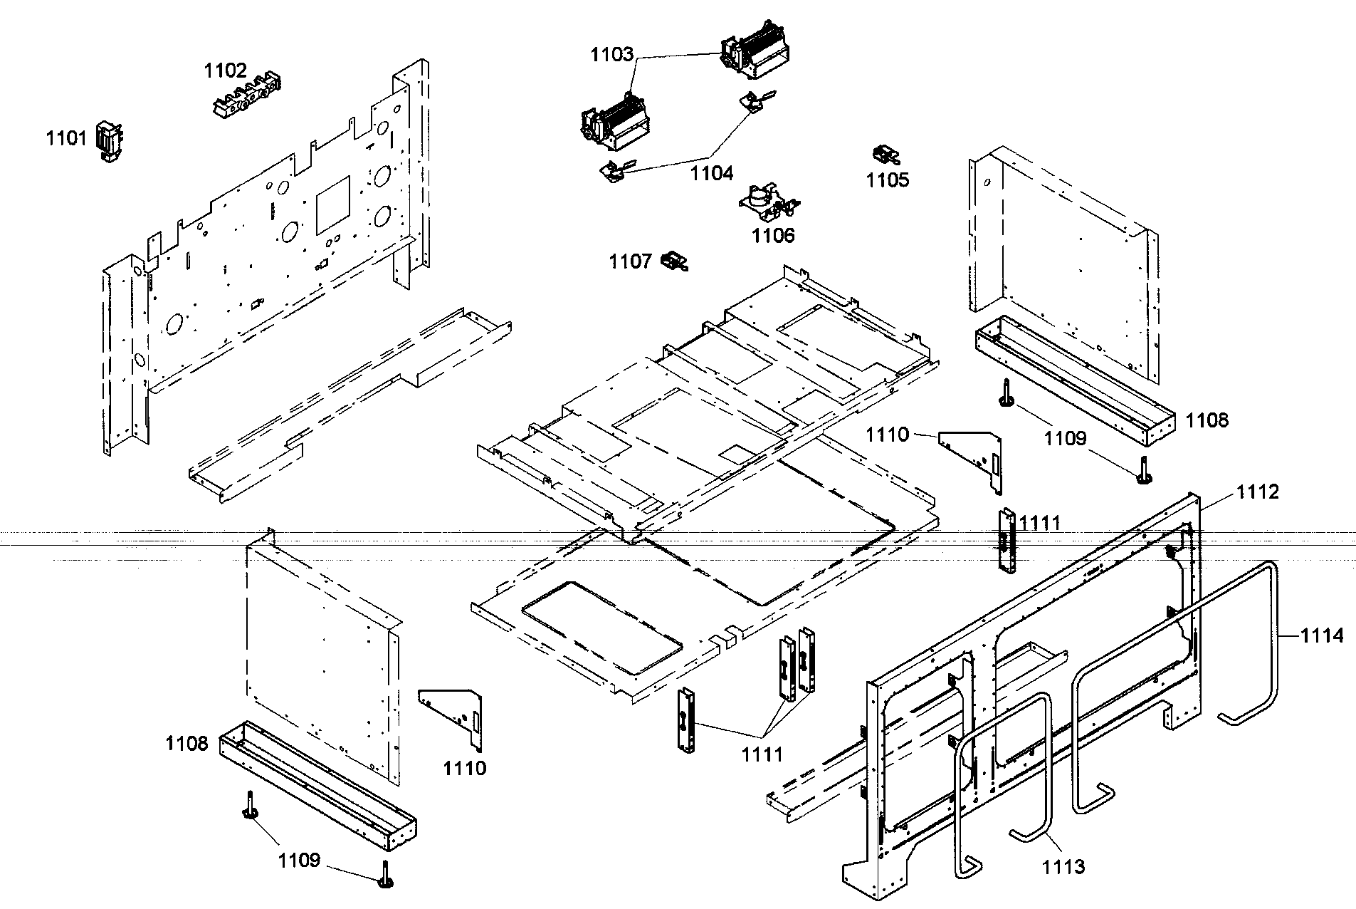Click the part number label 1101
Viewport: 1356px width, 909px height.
pos(66,138)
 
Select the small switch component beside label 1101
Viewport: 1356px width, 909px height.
pos(107,140)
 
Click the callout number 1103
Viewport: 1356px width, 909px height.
pos(611,55)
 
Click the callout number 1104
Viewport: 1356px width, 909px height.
pos(711,173)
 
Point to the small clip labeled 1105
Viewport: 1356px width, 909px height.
pos(884,155)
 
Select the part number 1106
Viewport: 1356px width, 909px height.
pos(773,236)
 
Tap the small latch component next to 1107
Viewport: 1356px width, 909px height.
pos(674,261)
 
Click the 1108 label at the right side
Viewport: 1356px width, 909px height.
pos(1207,420)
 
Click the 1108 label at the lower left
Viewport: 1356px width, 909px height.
pos(186,744)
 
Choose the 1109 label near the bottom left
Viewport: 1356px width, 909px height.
pos(299,861)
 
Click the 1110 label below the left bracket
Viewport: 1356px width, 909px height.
pos(464,768)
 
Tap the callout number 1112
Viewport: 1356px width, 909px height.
pos(1257,492)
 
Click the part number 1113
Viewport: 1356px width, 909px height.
pos(1063,866)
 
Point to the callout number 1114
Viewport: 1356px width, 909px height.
pos(1323,635)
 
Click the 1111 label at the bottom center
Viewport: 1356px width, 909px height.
pos(762,754)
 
